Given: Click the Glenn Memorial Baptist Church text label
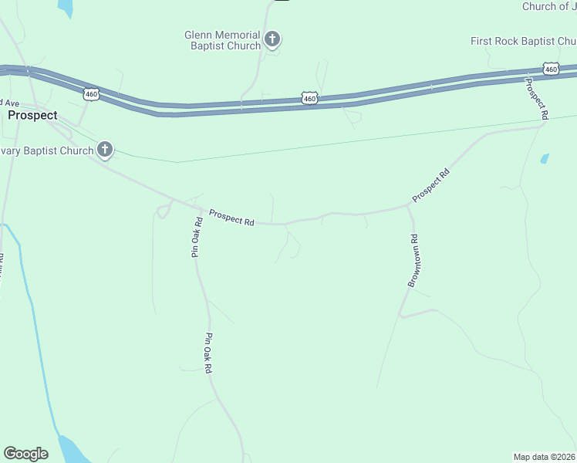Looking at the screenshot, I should (222, 40).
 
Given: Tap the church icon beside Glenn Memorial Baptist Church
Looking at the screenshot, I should (272, 39).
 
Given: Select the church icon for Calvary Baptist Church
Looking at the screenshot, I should (104, 150).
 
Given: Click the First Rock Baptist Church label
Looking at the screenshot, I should (523, 41).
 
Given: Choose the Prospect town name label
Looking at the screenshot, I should (32, 115).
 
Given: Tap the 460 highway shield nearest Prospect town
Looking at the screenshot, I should (91, 94).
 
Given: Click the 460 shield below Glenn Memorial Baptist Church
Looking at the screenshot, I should (309, 98).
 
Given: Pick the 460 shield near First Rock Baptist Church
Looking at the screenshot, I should (550, 69).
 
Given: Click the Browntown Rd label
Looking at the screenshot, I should (413, 262).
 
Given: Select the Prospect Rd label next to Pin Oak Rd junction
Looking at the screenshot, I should (231, 218).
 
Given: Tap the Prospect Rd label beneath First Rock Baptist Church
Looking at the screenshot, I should (537, 98).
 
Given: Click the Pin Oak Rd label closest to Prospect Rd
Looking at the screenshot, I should (197, 237).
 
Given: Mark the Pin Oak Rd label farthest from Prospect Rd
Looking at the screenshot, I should (208, 353).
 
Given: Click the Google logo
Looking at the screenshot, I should (25, 454).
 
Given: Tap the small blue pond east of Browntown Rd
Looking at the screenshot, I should (545, 158).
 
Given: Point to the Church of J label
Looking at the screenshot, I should (549, 6).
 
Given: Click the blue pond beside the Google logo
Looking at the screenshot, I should (74, 449).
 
